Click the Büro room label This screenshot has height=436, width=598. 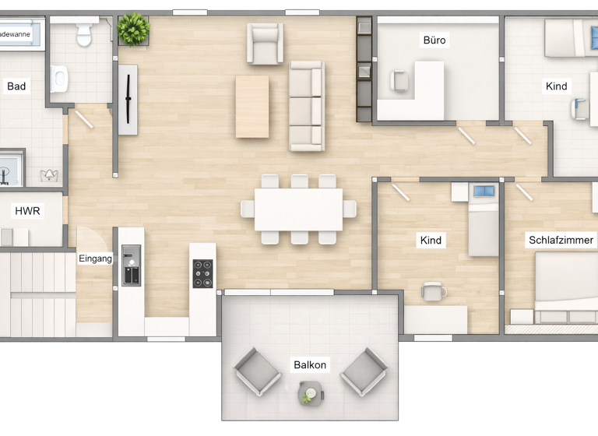435,40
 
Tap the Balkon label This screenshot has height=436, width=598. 310,364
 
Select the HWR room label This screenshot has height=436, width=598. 27,211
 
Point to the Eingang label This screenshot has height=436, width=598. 95,258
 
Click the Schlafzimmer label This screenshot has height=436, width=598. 561,240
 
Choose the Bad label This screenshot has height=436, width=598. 16,86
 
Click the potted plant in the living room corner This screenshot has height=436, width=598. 133,30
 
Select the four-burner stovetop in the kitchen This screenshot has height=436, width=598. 202,274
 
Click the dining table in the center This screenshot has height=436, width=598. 298,209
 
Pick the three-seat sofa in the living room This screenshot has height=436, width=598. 306,106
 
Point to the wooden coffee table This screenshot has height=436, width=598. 252,107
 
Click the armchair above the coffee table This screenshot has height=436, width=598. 265,43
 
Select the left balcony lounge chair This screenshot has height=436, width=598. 258,371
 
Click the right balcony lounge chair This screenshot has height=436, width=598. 364,371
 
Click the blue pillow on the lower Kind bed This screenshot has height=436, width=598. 484,192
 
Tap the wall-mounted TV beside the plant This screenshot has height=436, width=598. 128,99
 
